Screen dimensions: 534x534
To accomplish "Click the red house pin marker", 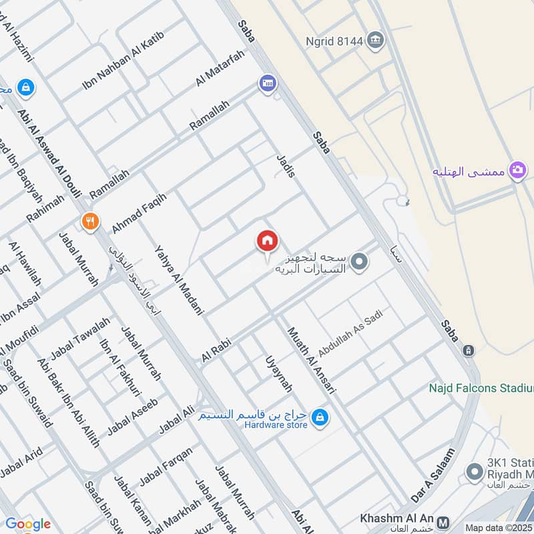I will click(267, 242).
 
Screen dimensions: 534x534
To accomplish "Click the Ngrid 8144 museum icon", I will click(376, 41).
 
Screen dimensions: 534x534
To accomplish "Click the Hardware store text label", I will click(276, 425).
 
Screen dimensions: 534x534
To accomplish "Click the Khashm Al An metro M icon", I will click(443, 519).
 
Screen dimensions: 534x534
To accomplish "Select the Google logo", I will click(27, 524).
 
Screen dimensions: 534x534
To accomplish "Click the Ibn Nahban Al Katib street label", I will click(123, 61).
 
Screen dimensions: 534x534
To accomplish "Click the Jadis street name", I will click(285, 165).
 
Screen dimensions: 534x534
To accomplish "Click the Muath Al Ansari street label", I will click(311, 360).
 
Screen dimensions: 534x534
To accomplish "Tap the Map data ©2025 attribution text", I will click(499, 527).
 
